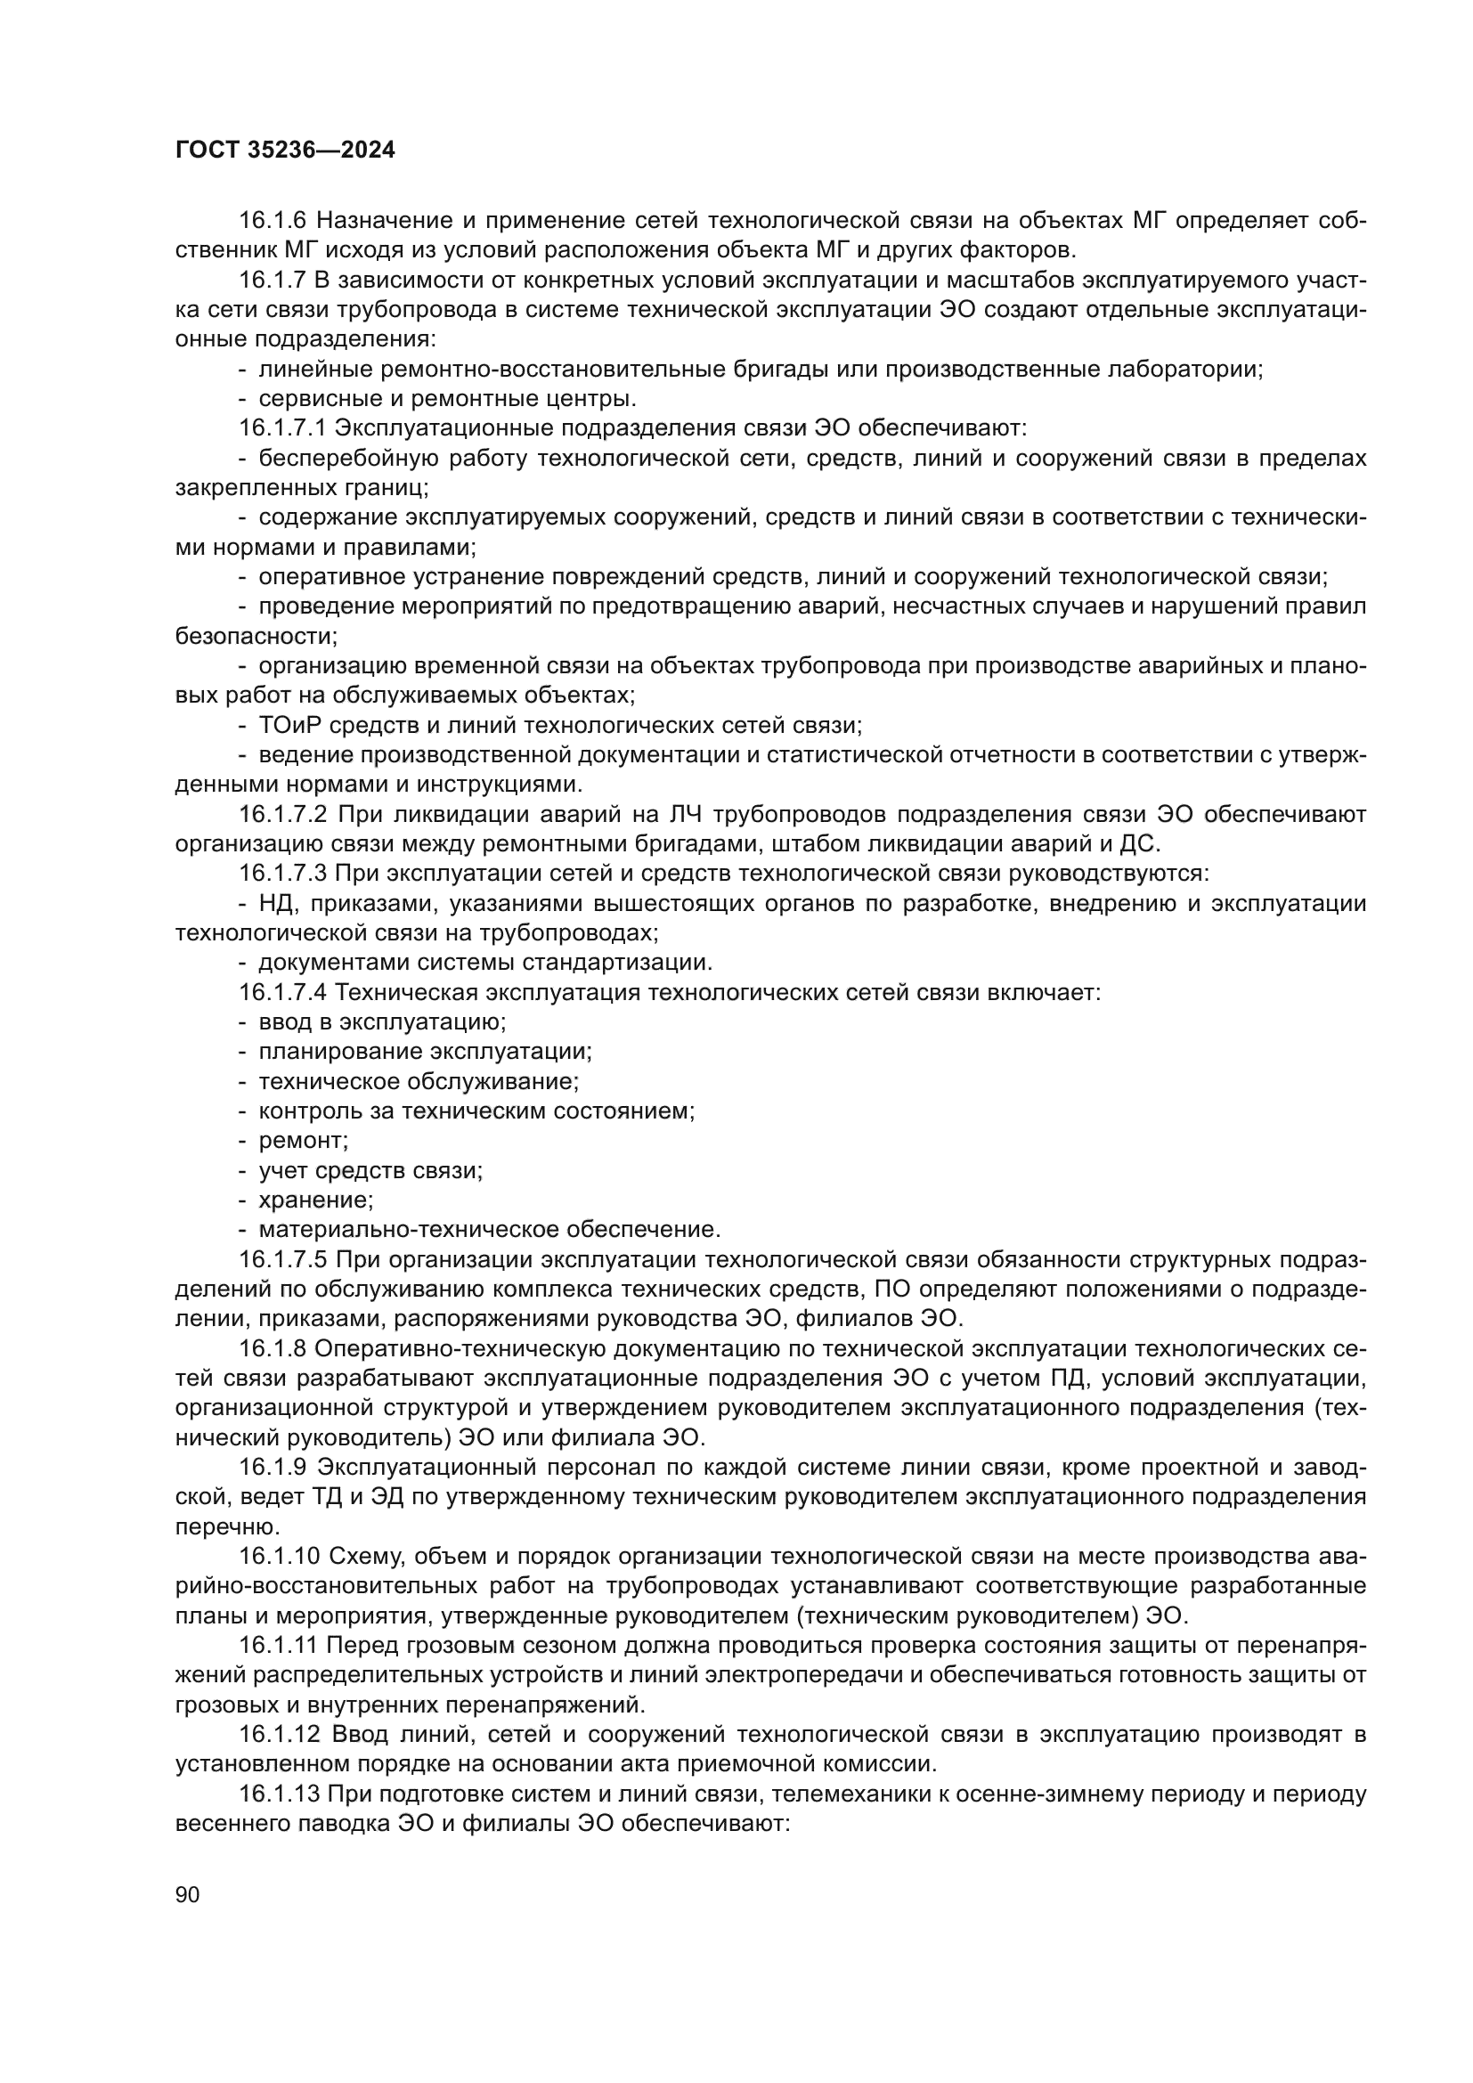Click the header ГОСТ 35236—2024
tap(285, 151)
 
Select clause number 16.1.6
tap(273, 221)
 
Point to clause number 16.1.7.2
tap(284, 815)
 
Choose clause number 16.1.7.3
tap(284, 874)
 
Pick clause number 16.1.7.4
tap(284, 992)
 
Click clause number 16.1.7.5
tap(284, 1260)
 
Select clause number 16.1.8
tap(273, 1349)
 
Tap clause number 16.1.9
tap(273, 1468)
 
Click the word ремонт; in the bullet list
tap(303, 1141)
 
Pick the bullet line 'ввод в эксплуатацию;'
tap(382, 1022)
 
